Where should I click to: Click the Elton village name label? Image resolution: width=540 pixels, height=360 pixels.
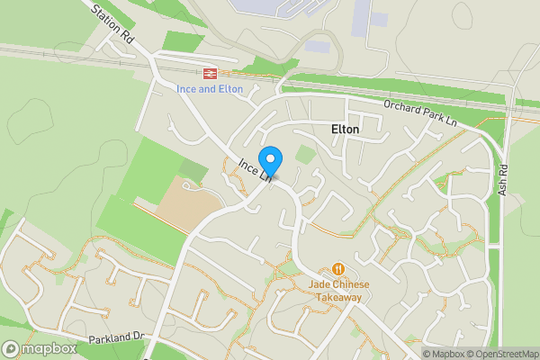[345, 130]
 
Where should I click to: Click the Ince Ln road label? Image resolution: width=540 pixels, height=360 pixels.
[255, 170]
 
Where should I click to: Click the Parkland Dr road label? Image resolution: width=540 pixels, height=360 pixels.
[116, 339]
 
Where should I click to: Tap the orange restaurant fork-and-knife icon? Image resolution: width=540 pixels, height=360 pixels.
[338, 268]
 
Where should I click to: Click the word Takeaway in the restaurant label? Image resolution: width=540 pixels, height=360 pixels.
[337, 297]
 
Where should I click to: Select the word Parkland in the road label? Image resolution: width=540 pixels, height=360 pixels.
[109, 339]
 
